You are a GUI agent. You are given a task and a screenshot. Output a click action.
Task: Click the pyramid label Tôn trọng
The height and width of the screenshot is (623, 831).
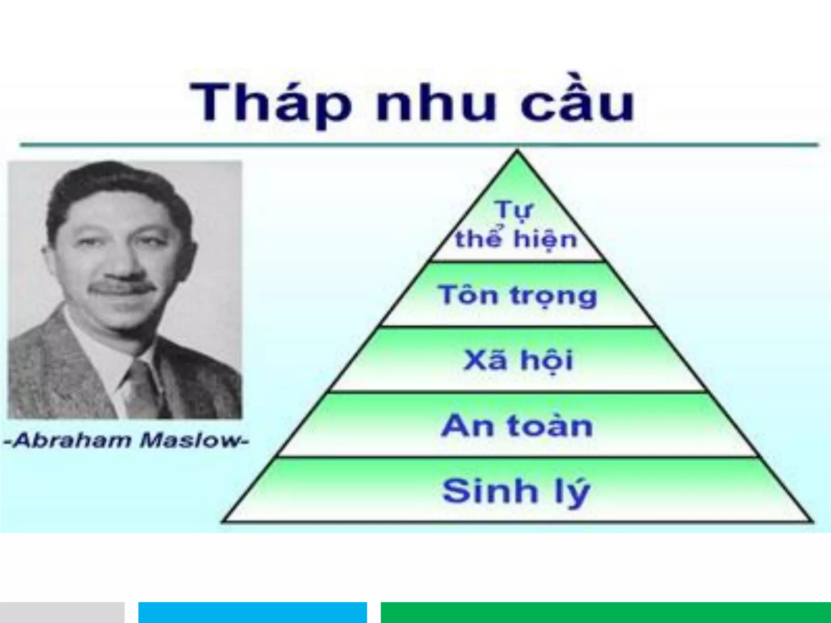[517, 295]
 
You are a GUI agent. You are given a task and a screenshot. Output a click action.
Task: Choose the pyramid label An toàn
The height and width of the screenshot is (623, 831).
[517, 426]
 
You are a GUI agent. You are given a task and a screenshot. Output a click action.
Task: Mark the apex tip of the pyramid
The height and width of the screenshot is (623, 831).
[517, 151]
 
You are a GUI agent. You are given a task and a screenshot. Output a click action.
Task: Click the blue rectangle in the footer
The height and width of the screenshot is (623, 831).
[252, 612]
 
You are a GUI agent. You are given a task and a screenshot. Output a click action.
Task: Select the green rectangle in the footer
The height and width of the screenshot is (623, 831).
[605, 612]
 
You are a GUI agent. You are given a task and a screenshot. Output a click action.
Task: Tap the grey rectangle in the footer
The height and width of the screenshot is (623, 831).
[62, 612]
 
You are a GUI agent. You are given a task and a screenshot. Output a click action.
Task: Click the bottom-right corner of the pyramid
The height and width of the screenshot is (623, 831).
[812, 521]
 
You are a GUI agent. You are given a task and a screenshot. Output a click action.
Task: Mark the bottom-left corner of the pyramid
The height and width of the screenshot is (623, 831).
[224, 521]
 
